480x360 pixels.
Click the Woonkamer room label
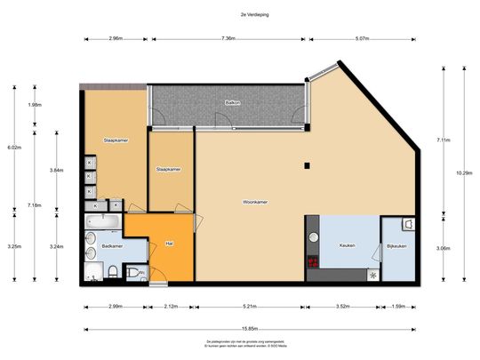[x=255, y=203]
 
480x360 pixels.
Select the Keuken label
[x=347, y=245]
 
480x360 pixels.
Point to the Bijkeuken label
[x=396, y=245]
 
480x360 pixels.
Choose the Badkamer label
[x=112, y=245]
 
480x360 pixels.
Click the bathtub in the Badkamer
[x=104, y=220]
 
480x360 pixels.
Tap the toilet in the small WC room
[x=133, y=272]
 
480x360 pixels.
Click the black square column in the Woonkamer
[x=305, y=165]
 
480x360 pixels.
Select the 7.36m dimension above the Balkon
[x=228, y=39]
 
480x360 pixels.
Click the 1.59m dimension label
[x=400, y=307]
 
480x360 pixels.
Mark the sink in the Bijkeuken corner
[x=406, y=224]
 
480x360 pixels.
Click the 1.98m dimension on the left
[x=35, y=105]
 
